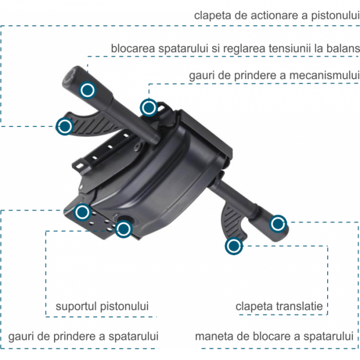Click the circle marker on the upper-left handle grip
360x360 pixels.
(87, 90)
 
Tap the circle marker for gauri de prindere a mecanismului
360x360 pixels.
(149, 107)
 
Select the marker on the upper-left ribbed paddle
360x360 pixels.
(65, 127)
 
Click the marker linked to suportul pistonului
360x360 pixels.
(123, 229)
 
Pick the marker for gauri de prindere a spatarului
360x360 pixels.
(82, 212)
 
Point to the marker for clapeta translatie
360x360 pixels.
(233, 246)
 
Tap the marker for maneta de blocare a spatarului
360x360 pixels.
(278, 224)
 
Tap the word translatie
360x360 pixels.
(299, 307)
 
